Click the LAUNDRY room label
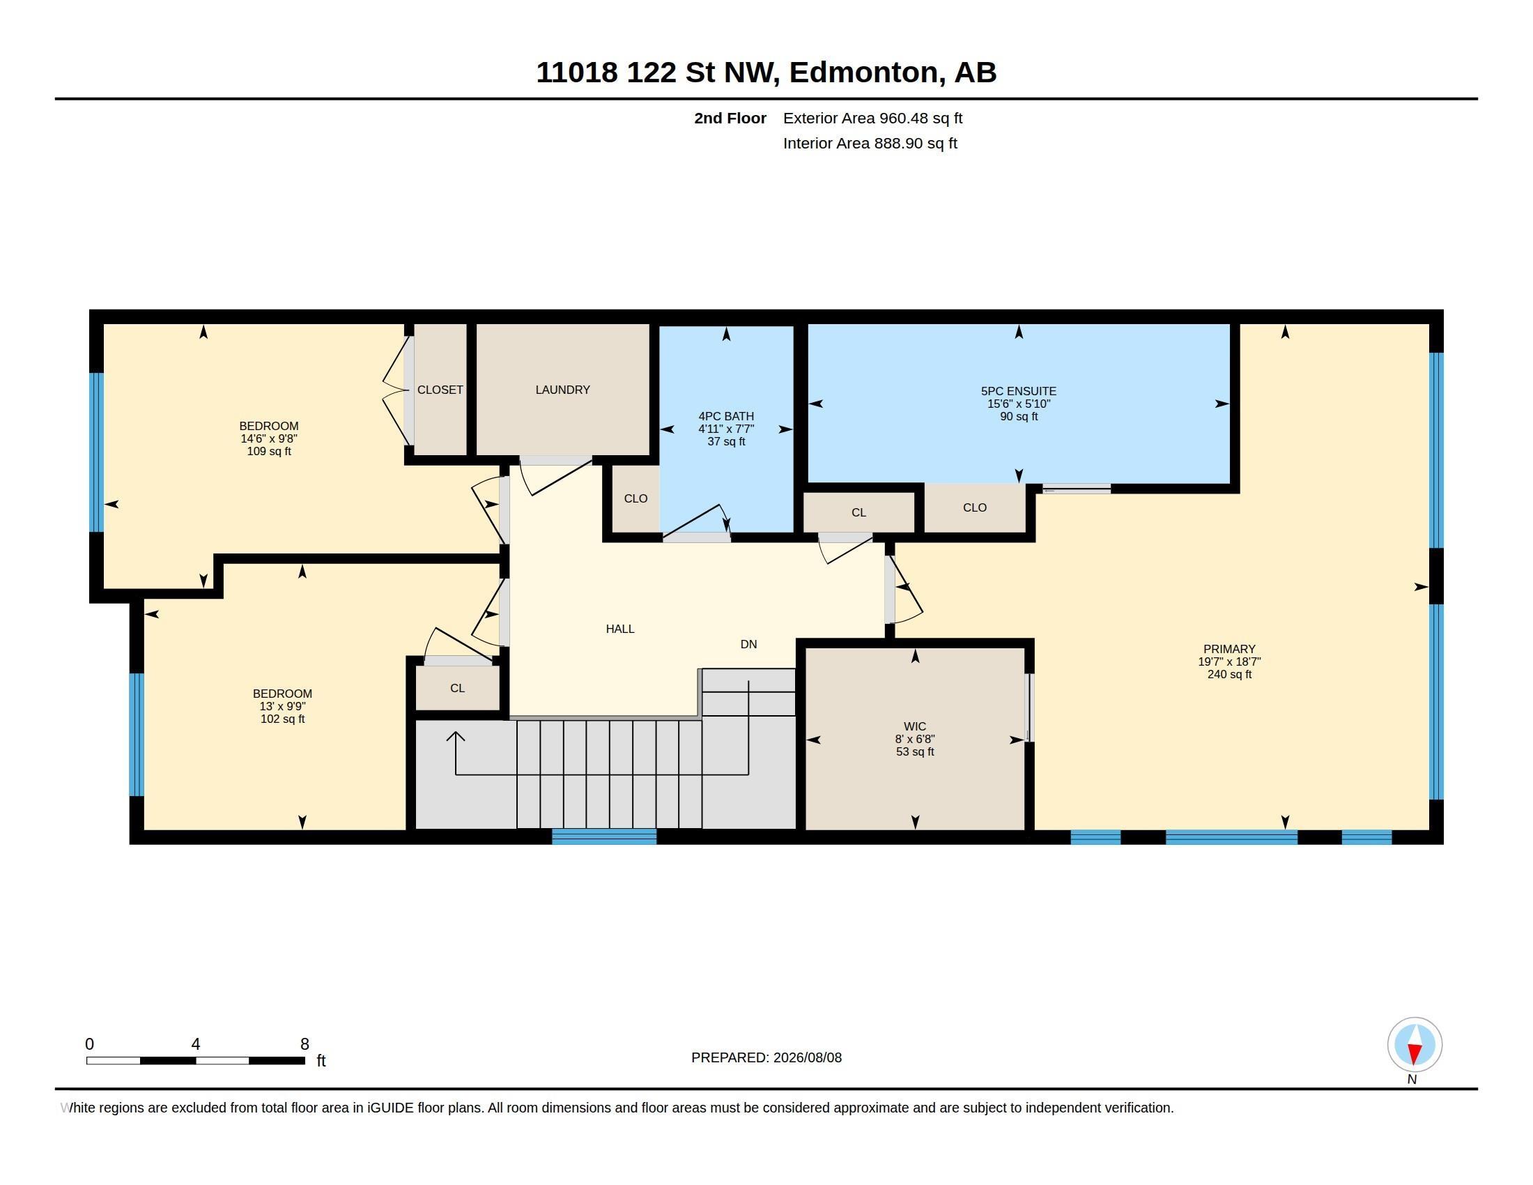click(562, 390)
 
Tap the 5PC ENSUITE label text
click(1018, 391)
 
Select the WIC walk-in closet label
click(915, 726)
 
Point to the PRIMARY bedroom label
click(1229, 650)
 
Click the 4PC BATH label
click(726, 416)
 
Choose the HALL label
click(619, 629)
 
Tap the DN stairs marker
click(748, 645)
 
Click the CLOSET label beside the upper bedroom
click(440, 390)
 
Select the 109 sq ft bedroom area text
click(269, 452)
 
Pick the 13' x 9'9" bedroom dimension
click(282, 706)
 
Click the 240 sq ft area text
click(1229, 675)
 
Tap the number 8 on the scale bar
click(305, 1044)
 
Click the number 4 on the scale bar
click(196, 1044)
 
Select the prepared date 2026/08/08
click(807, 1057)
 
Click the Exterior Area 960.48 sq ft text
click(872, 118)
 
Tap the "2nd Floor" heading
click(730, 118)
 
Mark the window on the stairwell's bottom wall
click(604, 836)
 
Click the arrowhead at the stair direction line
click(456, 735)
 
